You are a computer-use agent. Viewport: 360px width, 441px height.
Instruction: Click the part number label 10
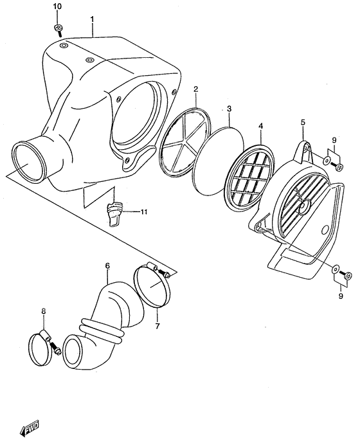click(57, 6)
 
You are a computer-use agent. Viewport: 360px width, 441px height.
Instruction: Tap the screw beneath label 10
click(59, 30)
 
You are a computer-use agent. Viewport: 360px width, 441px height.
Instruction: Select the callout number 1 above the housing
click(92, 19)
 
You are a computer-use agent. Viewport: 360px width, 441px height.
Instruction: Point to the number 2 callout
click(195, 89)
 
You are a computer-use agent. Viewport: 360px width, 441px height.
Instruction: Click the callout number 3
click(230, 109)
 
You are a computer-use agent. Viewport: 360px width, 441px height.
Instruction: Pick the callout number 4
click(261, 126)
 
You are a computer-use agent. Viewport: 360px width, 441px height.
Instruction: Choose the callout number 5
click(303, 122)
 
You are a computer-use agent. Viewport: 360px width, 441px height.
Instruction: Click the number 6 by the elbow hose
click(107, 265)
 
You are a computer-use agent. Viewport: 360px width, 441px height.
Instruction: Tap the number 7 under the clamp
click(157, 326)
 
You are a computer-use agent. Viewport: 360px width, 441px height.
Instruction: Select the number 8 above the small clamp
click(44, 311)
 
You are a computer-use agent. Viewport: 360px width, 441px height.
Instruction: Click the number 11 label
click(144, 212)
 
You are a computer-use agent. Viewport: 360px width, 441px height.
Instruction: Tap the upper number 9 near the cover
click(334, 139)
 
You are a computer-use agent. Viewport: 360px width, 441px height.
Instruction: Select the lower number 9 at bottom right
click(341, 296)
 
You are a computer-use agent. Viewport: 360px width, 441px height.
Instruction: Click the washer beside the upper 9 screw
click(327, 160)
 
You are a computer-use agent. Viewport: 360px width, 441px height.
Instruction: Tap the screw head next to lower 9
click(348, 276)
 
